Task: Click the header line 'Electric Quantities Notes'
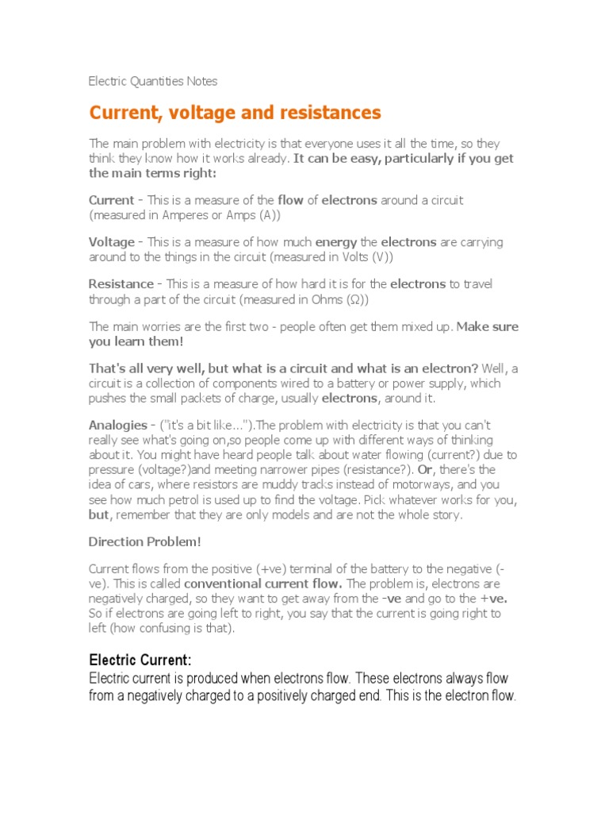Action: [x=153, y=81]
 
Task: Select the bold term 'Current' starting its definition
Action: [x=111, y=200]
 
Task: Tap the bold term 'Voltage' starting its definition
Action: [x=112, y=242]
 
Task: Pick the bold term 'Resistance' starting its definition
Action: [x=121, y=283]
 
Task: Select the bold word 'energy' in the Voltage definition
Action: [x=336, y=242]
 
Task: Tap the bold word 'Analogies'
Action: [x=118, y=426]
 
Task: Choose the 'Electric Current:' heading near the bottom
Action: [x=140, y=661]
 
